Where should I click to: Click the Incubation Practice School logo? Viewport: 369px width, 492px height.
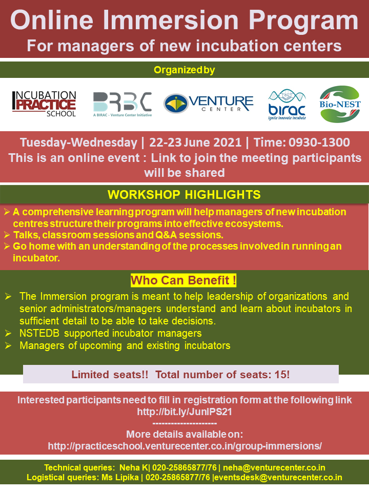click(44, 104)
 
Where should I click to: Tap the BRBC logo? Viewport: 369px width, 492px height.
click(122, 105)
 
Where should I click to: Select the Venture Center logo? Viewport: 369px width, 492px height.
click(209, 103)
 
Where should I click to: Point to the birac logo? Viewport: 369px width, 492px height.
click(287, 105)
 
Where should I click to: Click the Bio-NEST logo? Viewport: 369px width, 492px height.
click(340, 104)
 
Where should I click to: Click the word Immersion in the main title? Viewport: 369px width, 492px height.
click(171, 20)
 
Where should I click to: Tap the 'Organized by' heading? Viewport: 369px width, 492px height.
click(184, 70)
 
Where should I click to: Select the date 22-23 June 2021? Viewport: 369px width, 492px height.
click(195, 142)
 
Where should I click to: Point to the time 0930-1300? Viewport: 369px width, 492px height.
click(319, 142)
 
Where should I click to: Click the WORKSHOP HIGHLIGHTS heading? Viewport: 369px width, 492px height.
click(184, 195)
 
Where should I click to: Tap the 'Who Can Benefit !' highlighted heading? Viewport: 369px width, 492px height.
click(183, 280)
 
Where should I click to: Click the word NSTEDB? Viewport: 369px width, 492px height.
click(39, 333)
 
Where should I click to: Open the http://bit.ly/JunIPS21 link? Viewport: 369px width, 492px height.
click(184, 412)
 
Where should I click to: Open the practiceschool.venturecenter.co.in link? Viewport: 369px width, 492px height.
click(184, 446)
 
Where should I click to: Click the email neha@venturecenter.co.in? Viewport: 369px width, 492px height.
click(274, 467)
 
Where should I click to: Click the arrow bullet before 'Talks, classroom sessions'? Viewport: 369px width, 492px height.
click(7, 235)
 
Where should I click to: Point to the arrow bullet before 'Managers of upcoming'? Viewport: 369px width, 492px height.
click(8, 345)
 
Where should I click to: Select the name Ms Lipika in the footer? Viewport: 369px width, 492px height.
click(120, 477)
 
